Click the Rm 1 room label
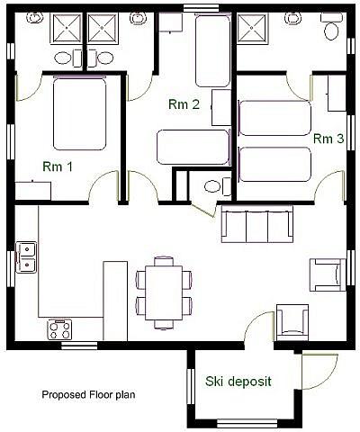click(58, 166)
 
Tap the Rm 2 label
click(184, 104)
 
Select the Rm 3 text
click(328, 139)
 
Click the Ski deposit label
click(238, 382)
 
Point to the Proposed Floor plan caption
click(88, 394)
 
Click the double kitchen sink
click(26, 257)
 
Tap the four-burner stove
click(59, 329)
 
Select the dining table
click(164, 292)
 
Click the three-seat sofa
click(257, 224)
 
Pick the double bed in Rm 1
click(80, 113)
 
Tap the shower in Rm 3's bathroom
click(252, 28)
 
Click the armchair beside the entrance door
click(292, 322)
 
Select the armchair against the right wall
click(328, 274)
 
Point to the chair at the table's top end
click(164, 261)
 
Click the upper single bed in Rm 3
click(275, 118)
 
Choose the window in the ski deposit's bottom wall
click(247, 423)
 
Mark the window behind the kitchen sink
click(11, 269)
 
